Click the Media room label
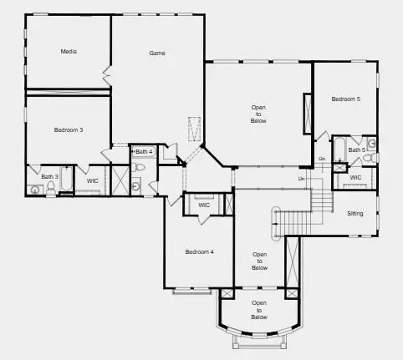69,52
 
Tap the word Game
157,53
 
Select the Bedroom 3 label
69,129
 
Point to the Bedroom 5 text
345,99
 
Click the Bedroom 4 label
200,251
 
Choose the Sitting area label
355,214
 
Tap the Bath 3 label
50,176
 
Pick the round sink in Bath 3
34,190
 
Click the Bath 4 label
145,151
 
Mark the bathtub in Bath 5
340,150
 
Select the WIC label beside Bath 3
92,180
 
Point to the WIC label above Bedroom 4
204,205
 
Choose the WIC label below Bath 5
355,177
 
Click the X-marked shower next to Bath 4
120,180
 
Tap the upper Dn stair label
322,159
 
